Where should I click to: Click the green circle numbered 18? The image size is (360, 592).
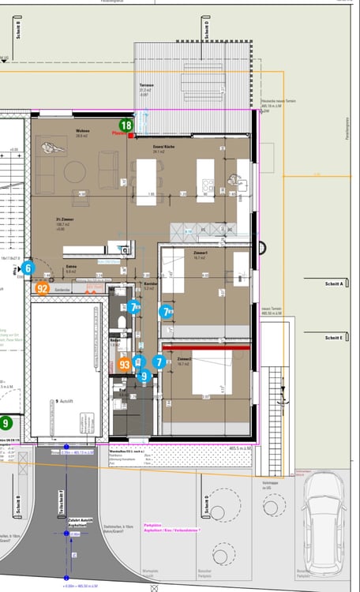coord(126,125)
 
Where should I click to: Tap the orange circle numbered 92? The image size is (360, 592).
coord(43,289)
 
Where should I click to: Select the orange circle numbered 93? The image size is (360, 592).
coord(125,365)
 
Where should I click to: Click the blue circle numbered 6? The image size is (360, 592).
coord(28,268)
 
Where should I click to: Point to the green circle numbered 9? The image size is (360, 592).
coord(6,424)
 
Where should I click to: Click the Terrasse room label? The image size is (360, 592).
coord(145,86)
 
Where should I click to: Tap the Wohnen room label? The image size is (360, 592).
coord(82,131)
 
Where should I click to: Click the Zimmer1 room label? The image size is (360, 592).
coord(199,252)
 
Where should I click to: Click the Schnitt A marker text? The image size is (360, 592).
coord(335,283)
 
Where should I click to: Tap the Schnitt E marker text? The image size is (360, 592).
coord(335,337)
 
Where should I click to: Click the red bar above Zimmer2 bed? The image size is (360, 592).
coord(205,347)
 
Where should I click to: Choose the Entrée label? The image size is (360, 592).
coord(71,267)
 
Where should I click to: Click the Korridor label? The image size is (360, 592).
coord(150,282)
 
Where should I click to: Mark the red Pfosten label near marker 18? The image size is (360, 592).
coord(119,134)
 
